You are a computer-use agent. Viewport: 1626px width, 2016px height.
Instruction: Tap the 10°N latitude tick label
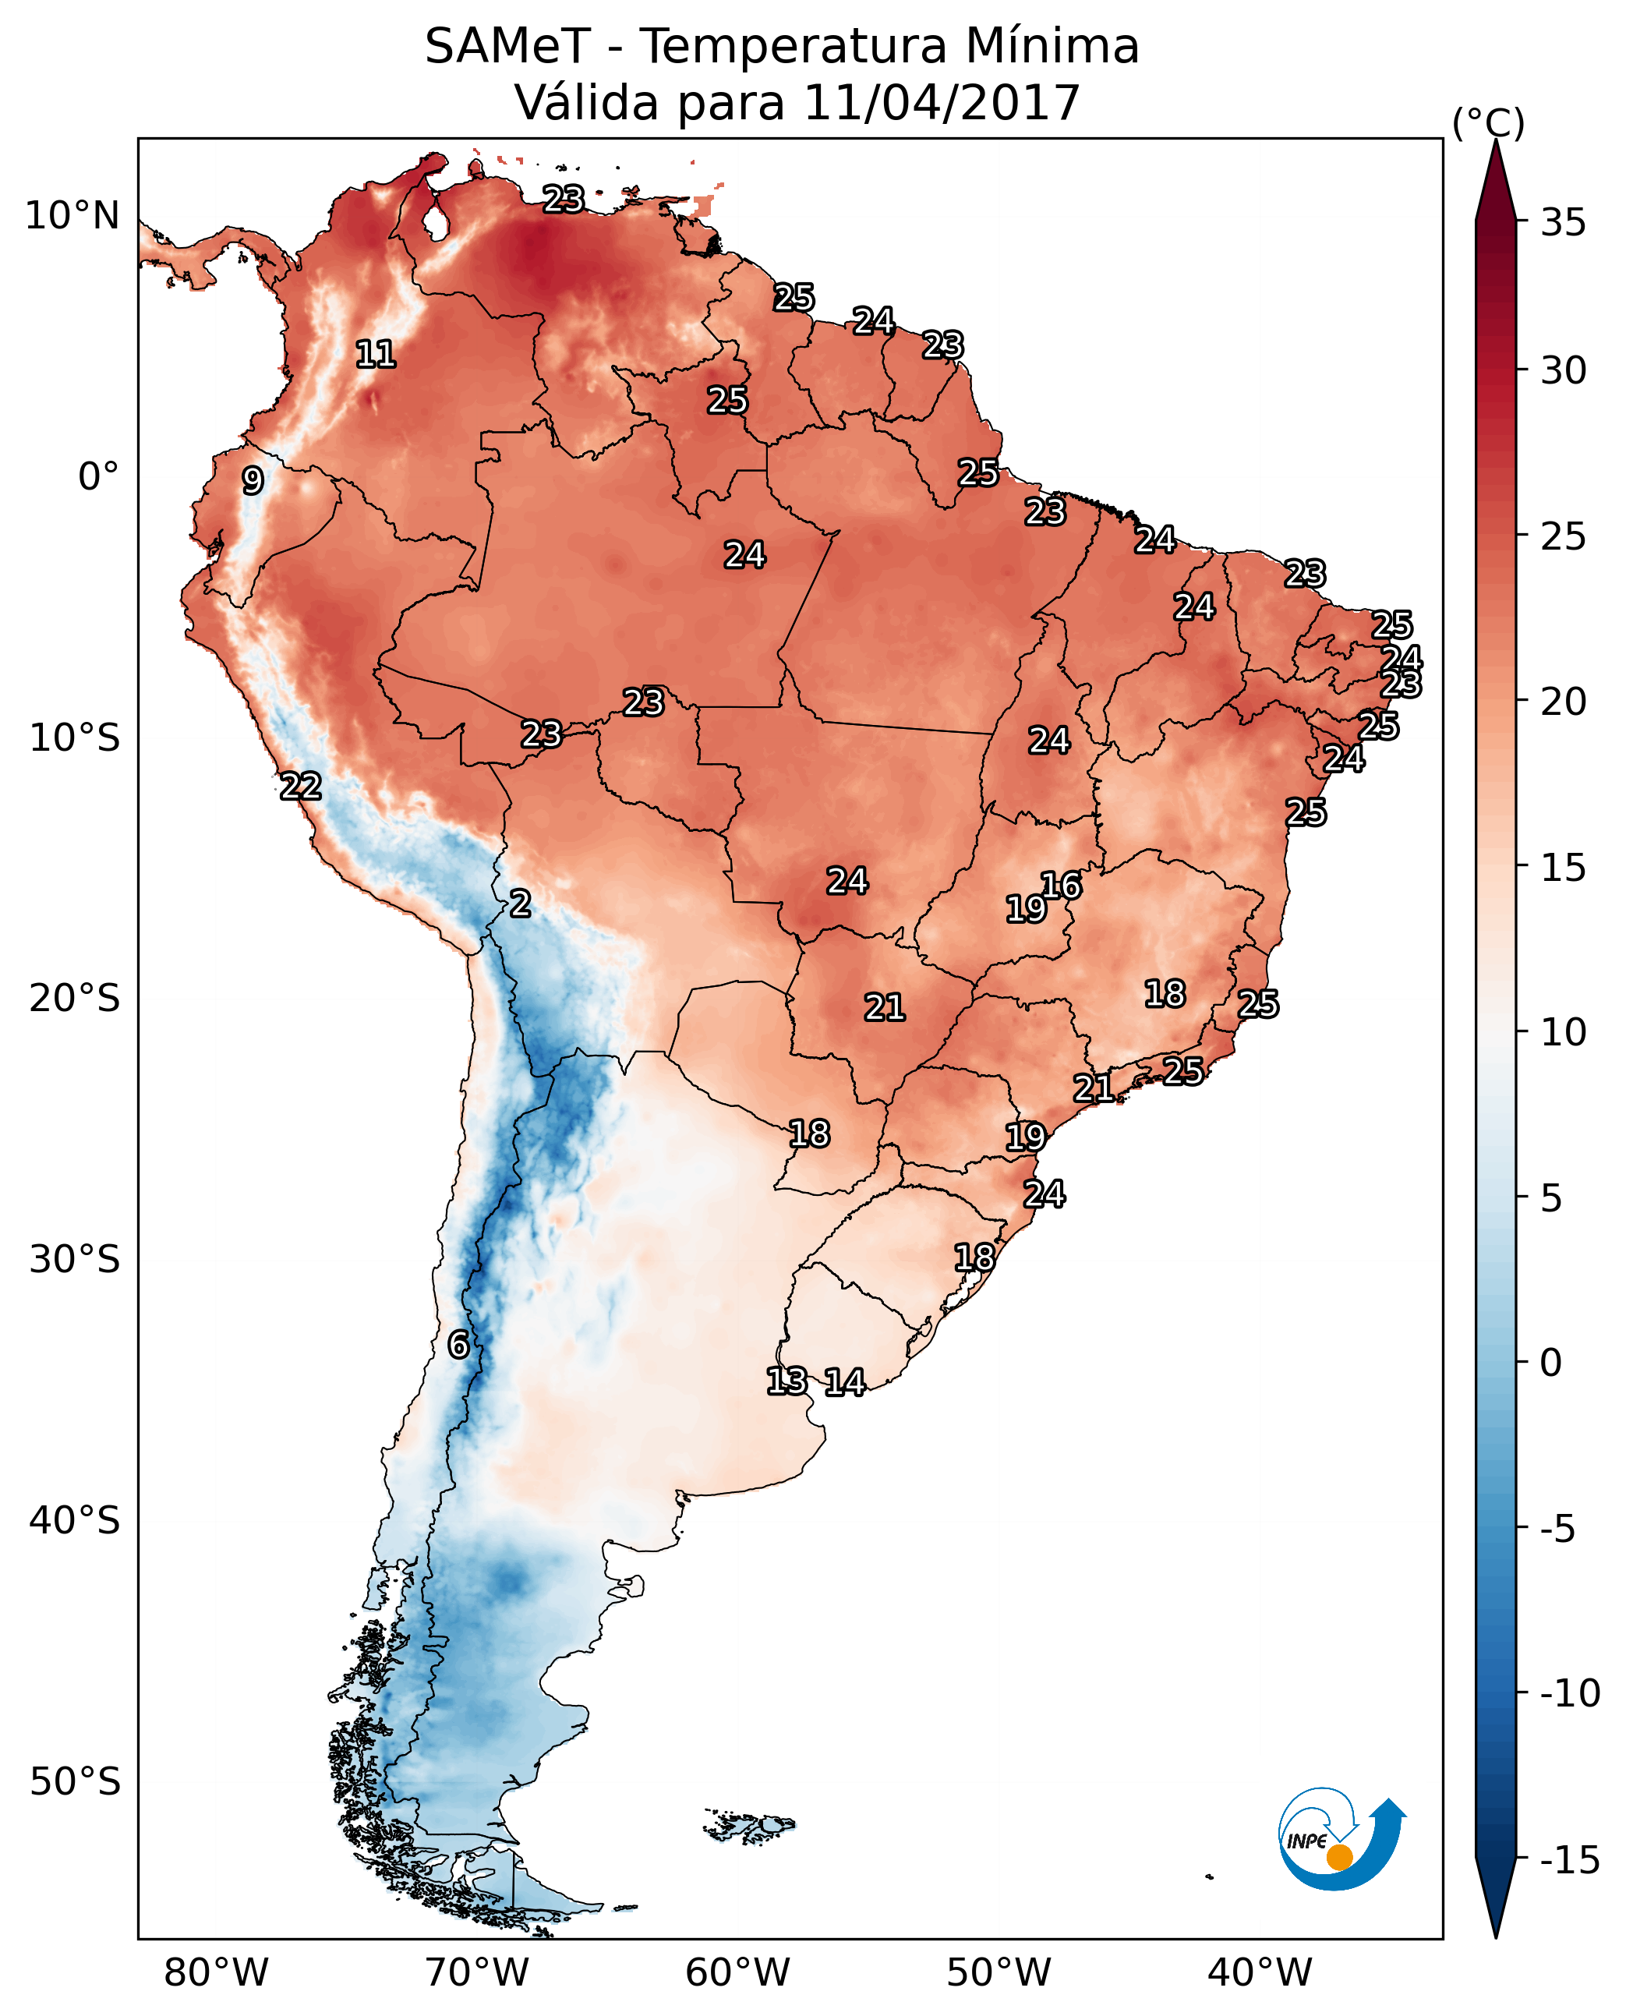[72, 217]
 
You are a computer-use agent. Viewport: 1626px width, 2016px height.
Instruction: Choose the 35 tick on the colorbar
[1563, 223]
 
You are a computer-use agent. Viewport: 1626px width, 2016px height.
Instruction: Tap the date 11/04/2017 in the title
[942, 102]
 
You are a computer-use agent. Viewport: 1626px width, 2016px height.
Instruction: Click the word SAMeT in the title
[507, 47]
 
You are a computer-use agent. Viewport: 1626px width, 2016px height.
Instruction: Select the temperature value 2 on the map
[521, 904]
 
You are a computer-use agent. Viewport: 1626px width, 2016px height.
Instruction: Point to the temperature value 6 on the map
[458, 1346]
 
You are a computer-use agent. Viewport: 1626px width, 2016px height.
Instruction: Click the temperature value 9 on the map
[253, 482]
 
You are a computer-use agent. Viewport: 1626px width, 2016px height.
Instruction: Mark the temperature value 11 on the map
[376, 354]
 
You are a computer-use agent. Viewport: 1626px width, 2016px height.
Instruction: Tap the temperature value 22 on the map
[301, 787]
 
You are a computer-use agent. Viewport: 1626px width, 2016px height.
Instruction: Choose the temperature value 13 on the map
[786, 1381]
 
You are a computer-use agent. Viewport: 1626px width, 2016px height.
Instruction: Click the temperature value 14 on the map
[845, 1383]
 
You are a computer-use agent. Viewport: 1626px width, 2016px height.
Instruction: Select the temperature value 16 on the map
[1061, 886]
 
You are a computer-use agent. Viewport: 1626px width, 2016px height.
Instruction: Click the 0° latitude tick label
[98, 477]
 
